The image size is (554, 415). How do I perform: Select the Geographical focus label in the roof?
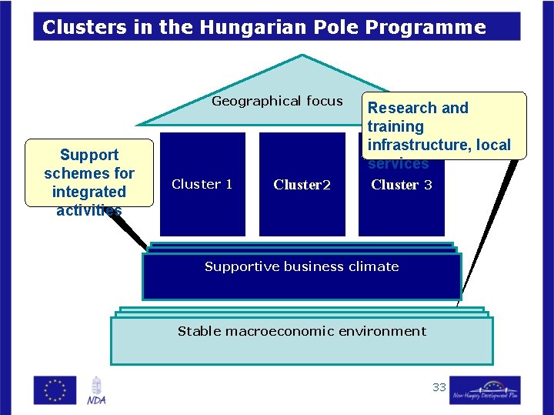tap(277, 101)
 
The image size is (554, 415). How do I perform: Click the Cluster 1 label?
tap(202, 184)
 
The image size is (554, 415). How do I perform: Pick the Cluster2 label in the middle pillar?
tap(302, 185)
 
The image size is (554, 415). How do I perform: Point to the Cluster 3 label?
tap(401, 185)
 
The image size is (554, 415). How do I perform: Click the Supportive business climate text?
tap(302, 266)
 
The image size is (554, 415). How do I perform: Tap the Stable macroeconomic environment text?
tap(302, 331)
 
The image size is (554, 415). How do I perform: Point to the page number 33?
tap(439, 387)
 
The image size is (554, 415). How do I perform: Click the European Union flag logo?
tap(55, 390)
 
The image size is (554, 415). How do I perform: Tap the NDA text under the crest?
tap(96, 400)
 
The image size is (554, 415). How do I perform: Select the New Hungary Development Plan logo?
tap(485, 390)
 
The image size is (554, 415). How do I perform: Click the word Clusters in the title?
tap(75, 28)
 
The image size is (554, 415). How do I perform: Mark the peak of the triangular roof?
tap(302, 56)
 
